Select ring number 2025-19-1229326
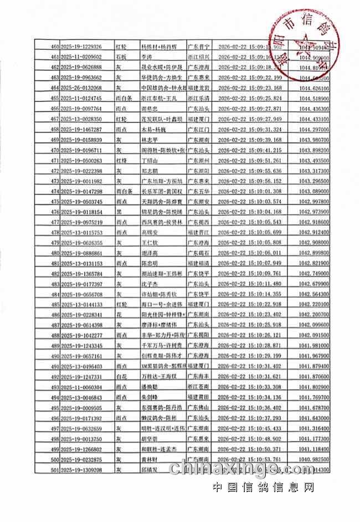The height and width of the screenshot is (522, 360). [x=81, y=47]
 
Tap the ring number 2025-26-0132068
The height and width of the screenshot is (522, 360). [x=81, y=88]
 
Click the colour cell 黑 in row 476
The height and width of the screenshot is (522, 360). [x=118, y=212]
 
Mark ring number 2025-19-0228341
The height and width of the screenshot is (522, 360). [x=81, y=315]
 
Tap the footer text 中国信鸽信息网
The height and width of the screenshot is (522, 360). [x=263, y=488]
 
